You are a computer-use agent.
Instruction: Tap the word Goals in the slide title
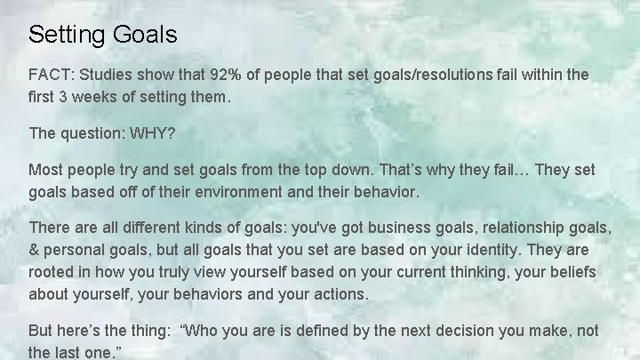(145, 36)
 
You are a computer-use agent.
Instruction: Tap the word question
(93, 133)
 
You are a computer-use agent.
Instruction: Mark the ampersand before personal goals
(35, 249)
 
